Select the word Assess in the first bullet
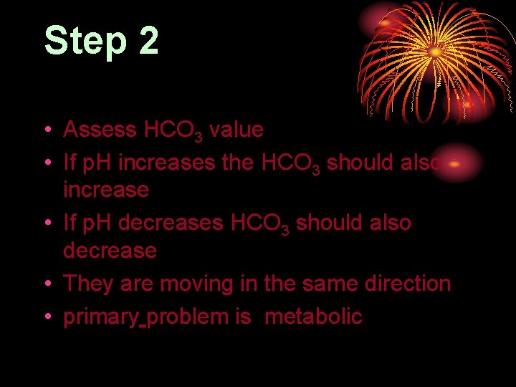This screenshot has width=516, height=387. [x=100, y=130]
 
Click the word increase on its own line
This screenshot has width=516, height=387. [x=106, y=191]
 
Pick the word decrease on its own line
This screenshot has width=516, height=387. [x=110, y=251]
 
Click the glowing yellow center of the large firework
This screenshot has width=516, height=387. [x=435, y=52]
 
